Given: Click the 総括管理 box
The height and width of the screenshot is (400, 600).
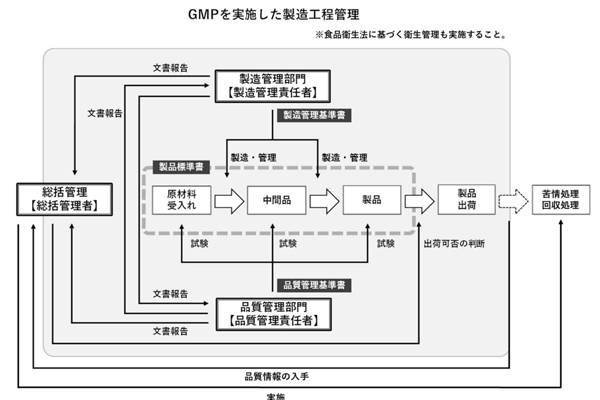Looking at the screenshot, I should (x=62, y=200).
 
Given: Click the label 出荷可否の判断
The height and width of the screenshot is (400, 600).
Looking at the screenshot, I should (x=454, y=244).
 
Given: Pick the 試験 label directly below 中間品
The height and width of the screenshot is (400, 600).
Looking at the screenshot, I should (x=289, y=244).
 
